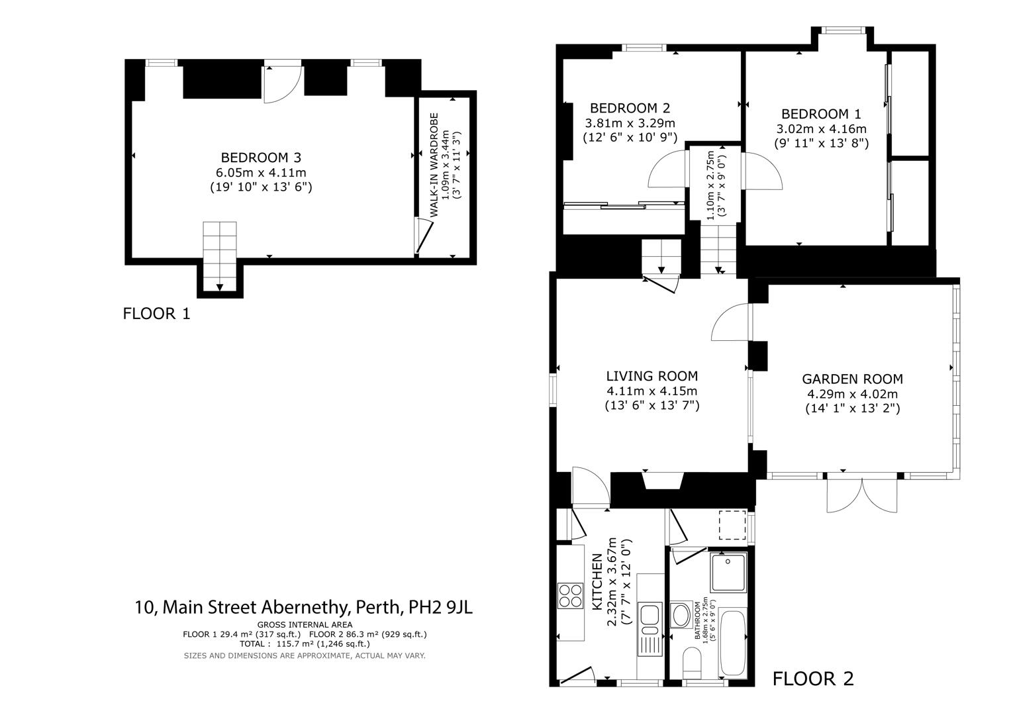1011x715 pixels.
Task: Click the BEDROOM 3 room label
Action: [x=261, y=158]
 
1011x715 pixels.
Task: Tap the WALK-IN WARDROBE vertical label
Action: [x=434, y=165]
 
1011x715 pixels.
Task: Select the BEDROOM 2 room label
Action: [x=630, y=108]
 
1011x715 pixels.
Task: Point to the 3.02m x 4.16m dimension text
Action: [x=821, y=128]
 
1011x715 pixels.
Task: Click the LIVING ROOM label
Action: [x=651, y=377]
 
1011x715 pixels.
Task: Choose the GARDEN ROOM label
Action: [x=852, y=379]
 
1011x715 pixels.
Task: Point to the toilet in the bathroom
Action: [x=692, y=662]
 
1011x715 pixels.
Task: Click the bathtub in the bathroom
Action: [x=734, y=643]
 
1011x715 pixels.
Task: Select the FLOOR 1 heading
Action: [x=156, y=314]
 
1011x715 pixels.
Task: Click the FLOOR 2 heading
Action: [x=813, y=679]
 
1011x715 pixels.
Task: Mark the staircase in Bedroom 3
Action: [x=219, y=255]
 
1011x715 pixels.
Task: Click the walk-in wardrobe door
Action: [x=424, y=237]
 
